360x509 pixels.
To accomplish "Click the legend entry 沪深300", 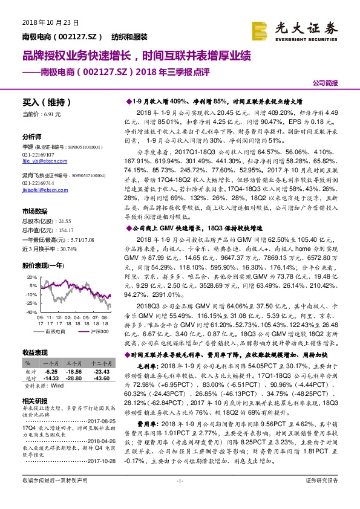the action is coord(99,332).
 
